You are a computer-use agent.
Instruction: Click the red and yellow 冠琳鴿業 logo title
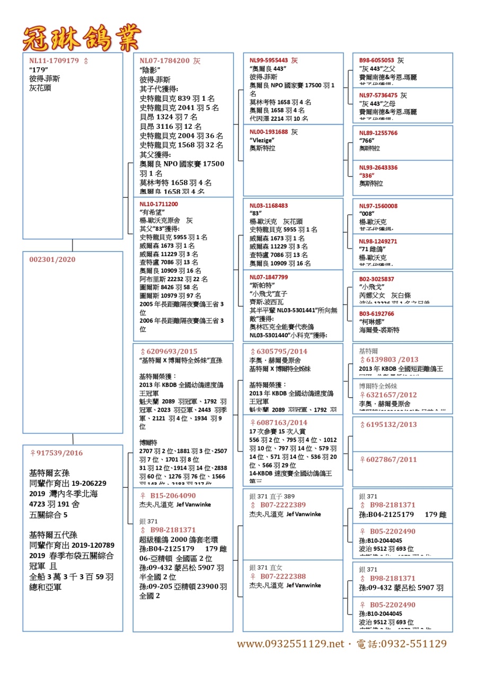coord(82,38)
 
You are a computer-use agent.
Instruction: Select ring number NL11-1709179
coord(54,61)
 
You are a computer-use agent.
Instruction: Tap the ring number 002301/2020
coord(52,259)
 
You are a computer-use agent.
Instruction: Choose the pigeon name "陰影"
coord(150,70)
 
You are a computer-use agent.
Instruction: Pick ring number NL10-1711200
coord(158,204)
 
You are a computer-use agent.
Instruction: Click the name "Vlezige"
coord(261,140)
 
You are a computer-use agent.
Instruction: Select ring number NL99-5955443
coord(269,60)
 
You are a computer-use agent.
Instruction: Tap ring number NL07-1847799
coord(269,277)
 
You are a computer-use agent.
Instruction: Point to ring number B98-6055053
coord(376,60)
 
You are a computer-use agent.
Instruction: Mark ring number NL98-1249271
coord(378,241)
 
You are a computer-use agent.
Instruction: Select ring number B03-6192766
coord(376,314)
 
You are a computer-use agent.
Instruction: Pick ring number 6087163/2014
coord(281,423)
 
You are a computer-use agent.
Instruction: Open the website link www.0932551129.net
coord(290,644)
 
